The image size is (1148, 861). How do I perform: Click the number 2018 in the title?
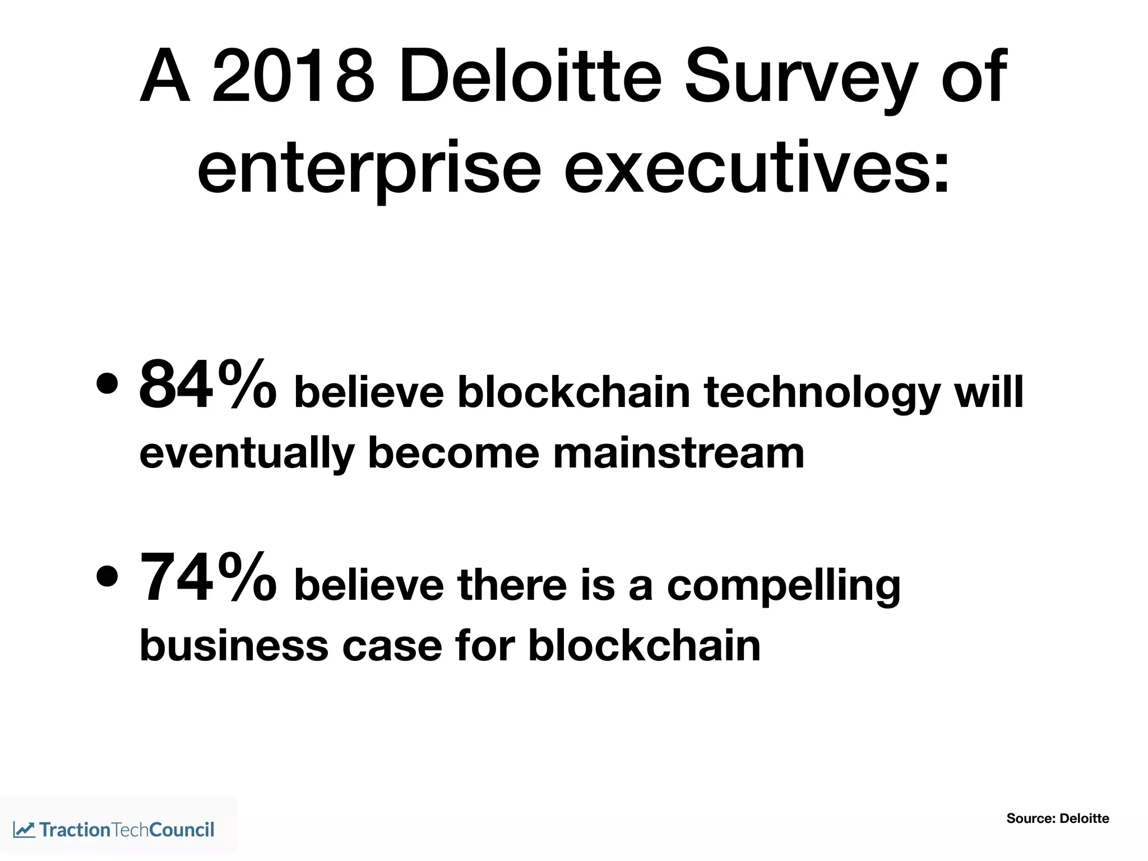click(x=293, y=77)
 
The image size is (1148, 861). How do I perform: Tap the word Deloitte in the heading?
click(x=530, y=77)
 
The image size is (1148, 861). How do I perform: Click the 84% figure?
click(x=207, y=386)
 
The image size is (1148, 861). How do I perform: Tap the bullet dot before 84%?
click(x=107, y=385)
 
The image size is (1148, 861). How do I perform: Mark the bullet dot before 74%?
click(x=107, y=576)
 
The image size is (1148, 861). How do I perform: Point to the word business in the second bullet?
click(x=233, y=646)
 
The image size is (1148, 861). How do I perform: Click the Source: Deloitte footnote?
click(x=1057, y=818)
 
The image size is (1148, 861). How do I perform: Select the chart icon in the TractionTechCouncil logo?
click(x=24, y=830)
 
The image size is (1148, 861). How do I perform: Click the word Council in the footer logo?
click(x=182, y=830)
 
